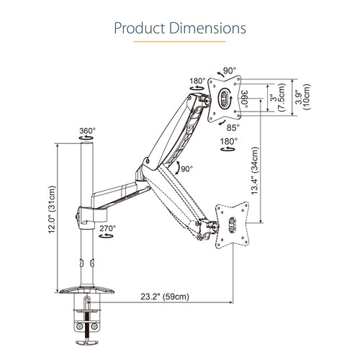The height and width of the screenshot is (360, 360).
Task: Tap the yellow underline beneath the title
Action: (x=179, y=46)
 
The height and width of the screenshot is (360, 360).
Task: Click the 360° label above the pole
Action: (x=87, y=132)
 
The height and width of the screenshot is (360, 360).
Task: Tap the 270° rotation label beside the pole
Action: (x=108, y=229)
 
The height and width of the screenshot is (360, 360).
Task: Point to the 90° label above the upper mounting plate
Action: (x=230, y=71)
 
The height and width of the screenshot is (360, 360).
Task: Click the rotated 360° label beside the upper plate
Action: (x=246, y=98)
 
